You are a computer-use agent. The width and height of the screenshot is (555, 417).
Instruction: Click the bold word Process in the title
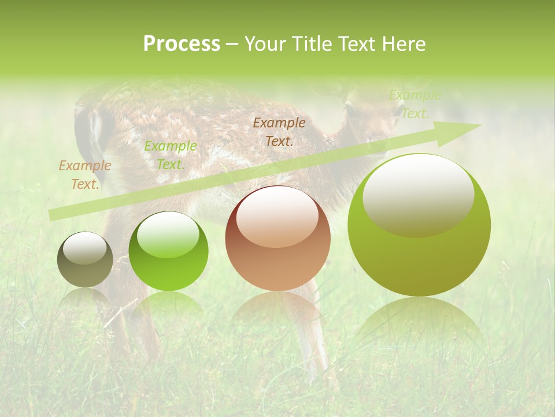[x=182, y=44]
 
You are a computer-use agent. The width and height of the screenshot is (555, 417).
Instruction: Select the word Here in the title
[x=405, y=44]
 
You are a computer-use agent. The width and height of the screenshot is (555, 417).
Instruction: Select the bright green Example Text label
[x=171, y=155]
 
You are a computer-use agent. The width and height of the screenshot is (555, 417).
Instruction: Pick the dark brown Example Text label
[x=279, y=131]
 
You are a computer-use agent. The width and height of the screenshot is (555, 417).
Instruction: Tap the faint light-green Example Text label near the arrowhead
[x=415, y=104]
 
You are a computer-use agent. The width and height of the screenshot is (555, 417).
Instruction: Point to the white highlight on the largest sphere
[x=419, y=194]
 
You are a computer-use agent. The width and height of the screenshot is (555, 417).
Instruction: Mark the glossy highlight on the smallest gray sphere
[x=85, y=248]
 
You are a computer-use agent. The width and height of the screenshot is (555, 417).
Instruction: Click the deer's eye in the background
[x=350, y=108]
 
